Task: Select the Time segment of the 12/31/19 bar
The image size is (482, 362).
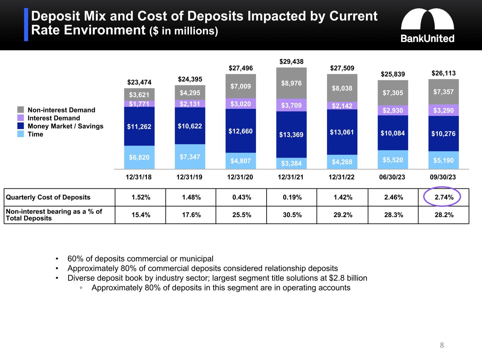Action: (190, 157)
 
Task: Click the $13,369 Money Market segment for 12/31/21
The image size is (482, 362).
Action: (291, 135)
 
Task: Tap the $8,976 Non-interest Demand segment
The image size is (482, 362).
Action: (291, 83)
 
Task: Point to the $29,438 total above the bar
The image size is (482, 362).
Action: (291, 62)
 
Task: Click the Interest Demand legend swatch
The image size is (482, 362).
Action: (21, 118)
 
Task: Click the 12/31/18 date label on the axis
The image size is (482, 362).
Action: (139, 177)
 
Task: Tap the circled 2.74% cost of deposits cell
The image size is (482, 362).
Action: (444, 197)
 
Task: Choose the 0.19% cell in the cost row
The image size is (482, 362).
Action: (292, 197)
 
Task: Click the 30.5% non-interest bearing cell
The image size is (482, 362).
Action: (292, 215)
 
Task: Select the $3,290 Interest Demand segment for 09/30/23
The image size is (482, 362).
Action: (444, 110)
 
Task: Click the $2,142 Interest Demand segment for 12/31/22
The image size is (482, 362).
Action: (342, 106)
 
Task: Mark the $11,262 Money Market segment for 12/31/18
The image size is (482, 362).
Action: (139, 126)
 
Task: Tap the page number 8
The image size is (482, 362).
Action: (442, 345)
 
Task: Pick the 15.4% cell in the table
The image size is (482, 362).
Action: (141, 215)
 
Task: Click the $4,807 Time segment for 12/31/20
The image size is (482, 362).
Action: (240, 161)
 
